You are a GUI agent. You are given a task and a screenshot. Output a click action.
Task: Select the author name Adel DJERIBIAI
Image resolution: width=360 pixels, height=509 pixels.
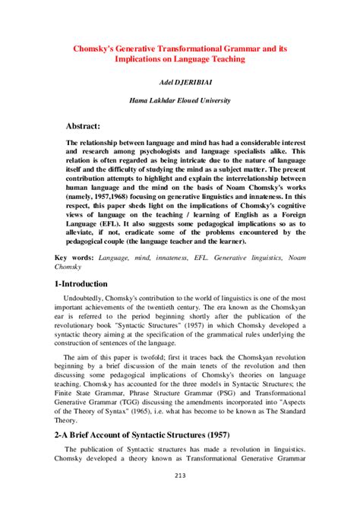[x=180, y=79]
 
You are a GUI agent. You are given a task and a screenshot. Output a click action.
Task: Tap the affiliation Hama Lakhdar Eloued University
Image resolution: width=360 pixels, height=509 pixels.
[x=180, y=99]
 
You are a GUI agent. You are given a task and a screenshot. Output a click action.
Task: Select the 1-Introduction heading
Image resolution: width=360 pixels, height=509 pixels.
[x=87, y=283]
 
